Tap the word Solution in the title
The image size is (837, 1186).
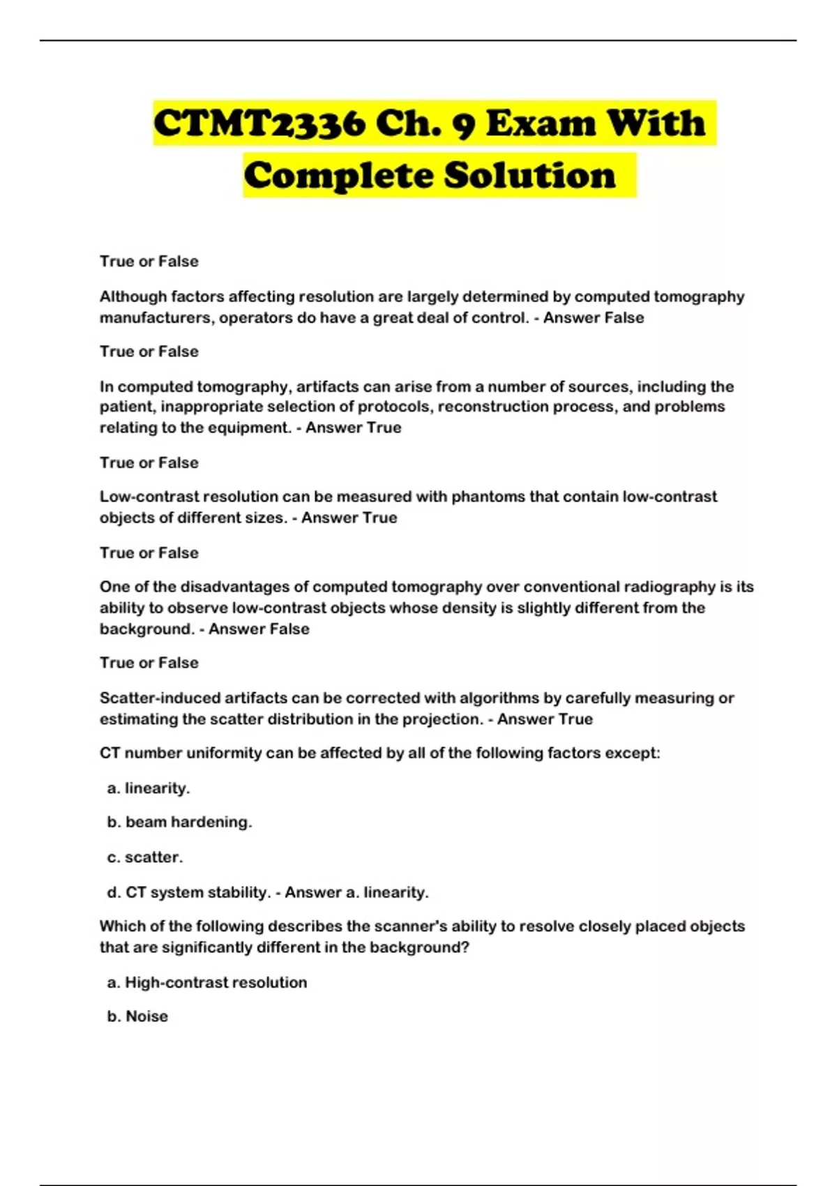(530, 175)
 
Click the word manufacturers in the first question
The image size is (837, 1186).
(157, 318)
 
